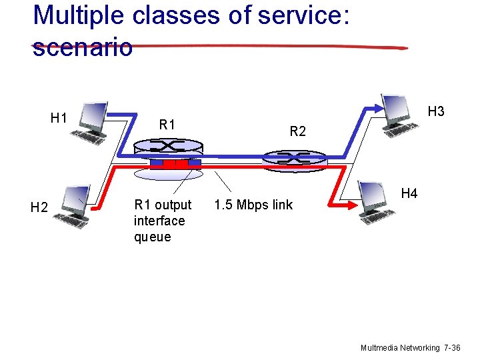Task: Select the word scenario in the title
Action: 83,48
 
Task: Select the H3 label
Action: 436,111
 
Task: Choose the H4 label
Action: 409,193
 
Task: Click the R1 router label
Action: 167,124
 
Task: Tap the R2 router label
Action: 297,132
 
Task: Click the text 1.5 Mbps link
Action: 253,205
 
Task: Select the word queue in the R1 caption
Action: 153,237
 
